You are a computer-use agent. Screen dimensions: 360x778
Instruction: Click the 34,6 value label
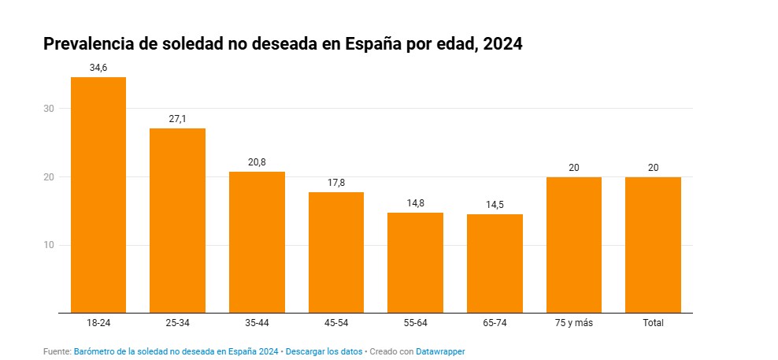(98, 68)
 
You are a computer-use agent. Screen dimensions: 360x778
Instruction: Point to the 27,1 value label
(178, 119)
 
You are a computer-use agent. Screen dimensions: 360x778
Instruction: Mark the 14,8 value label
(415, 203)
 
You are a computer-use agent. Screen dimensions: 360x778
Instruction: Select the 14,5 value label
(495, 205)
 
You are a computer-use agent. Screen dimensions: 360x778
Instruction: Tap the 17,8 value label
(336, 183)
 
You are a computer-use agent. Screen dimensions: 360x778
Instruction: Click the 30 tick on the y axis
(48, 109)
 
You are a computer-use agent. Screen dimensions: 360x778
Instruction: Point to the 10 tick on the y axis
(48, 245)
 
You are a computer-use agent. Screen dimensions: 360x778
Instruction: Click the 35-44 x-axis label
(257, 323)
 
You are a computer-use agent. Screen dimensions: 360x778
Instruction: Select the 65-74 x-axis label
(495, 323)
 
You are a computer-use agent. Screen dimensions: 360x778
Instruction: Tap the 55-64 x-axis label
(415, 323)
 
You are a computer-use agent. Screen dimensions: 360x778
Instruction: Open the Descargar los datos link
(324, 351)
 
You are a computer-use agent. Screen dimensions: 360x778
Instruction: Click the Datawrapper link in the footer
(440, 351)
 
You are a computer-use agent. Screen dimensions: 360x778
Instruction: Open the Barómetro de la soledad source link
(176, 351)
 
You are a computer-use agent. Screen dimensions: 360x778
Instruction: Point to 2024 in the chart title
(502, 45)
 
